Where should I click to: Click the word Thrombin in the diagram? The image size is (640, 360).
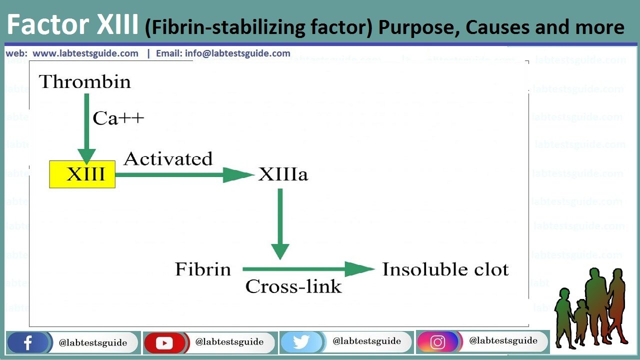(x=85, y=81)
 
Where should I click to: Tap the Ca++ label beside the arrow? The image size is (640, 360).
(x=118, y=118)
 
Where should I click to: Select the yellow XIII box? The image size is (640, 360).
(x=82, y=174)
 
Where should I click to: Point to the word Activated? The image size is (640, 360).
(x=168, y=158)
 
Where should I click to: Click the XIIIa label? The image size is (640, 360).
(x=283, y=174)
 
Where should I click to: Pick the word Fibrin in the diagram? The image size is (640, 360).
(x=203, y=269)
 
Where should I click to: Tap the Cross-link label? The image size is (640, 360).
(x=293, y=286)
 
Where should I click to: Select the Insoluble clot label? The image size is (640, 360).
(x=445, y=269)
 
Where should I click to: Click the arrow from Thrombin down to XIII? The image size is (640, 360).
(x=86, y=130)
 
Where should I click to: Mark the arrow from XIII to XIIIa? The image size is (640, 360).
(x=185, y=174)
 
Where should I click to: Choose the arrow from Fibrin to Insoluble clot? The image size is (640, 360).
(x=307, y=269)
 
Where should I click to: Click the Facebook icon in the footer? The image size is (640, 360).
(x=28, y=343)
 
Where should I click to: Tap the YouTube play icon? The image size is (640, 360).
(x=164, y=343)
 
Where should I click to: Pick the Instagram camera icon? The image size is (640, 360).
(x=437, y=342)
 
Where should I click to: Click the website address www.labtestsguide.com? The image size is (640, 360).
(x=85, y=53)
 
